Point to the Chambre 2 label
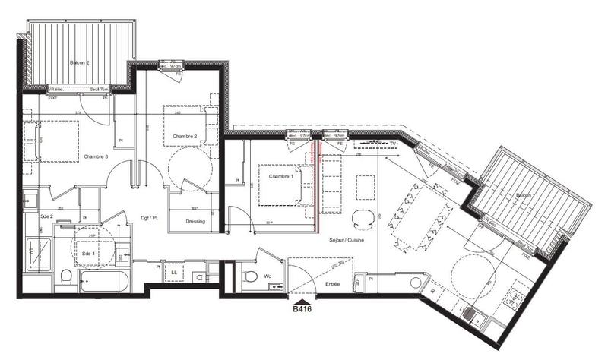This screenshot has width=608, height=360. [x=185, y=136]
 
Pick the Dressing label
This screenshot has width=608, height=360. [x=195, y=222]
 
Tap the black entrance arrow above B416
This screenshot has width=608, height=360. [x=304, y=300]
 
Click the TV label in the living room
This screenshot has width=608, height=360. [x=393, y=143]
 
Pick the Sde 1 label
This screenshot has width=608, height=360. [x=87, y=253]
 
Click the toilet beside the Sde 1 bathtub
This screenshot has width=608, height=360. [x=65, y=276]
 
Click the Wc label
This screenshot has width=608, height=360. [x=268, y=276]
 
